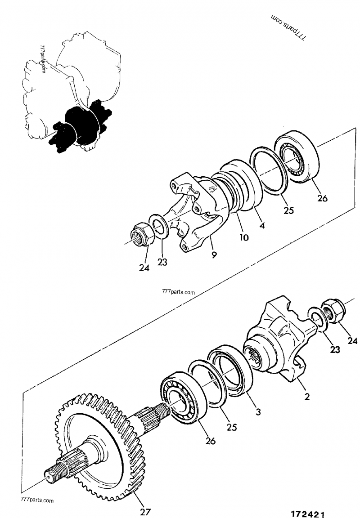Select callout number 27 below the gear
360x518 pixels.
[145, 511]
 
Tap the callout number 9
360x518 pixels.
[214, 255]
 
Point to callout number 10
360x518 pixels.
[244, 237]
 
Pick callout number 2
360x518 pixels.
[307, 397]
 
